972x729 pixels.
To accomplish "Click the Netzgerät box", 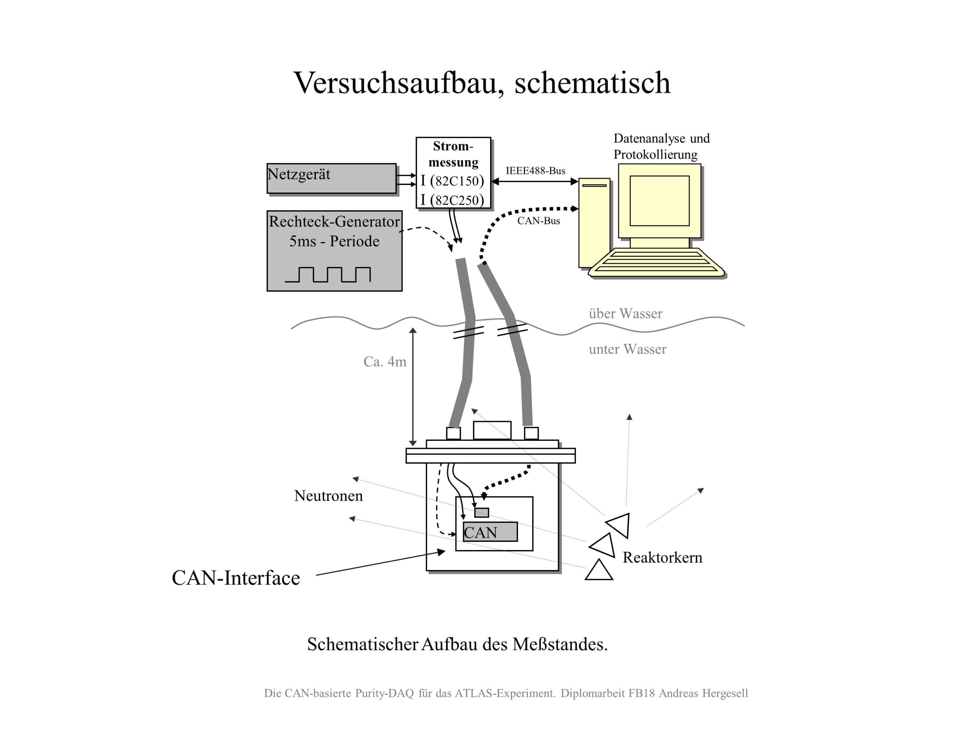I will point(331,178).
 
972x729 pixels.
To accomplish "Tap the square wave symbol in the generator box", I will point(328,274).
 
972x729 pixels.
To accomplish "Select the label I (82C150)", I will point(452,181).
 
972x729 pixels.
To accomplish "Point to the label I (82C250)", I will point(452,200).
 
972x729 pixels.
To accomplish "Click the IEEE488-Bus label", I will point(535,170).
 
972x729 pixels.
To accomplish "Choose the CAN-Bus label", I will point(538,221).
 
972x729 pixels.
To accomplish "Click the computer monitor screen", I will point(659,201).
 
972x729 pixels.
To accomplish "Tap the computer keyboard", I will point(656,263).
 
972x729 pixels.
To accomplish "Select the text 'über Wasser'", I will point(625,313).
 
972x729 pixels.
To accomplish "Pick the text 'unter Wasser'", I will point(627,349).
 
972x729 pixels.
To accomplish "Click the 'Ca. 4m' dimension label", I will point(385,361).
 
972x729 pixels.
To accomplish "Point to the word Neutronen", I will point(328,495).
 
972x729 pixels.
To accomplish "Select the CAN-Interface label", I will point(235,578).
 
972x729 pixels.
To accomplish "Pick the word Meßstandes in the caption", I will point(560,644).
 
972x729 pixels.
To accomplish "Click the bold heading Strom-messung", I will point(453,154).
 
